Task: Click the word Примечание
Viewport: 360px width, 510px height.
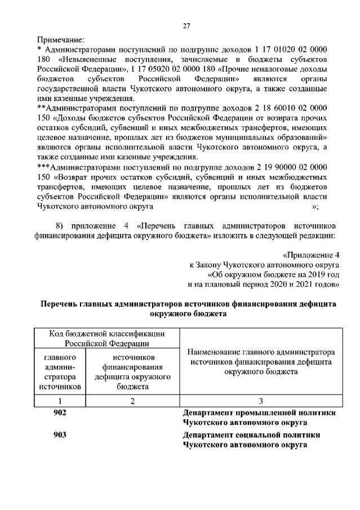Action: [60, 39]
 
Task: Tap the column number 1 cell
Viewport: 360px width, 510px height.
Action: [60, 401]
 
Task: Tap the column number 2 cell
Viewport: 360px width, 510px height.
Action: [132, 401]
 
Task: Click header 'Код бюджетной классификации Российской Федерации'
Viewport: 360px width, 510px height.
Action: [106, 338]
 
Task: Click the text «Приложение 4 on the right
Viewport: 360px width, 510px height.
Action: [311, 255]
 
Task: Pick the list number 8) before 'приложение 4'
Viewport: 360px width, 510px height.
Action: [60, 224]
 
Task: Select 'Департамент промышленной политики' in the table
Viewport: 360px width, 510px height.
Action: [260, 413]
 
